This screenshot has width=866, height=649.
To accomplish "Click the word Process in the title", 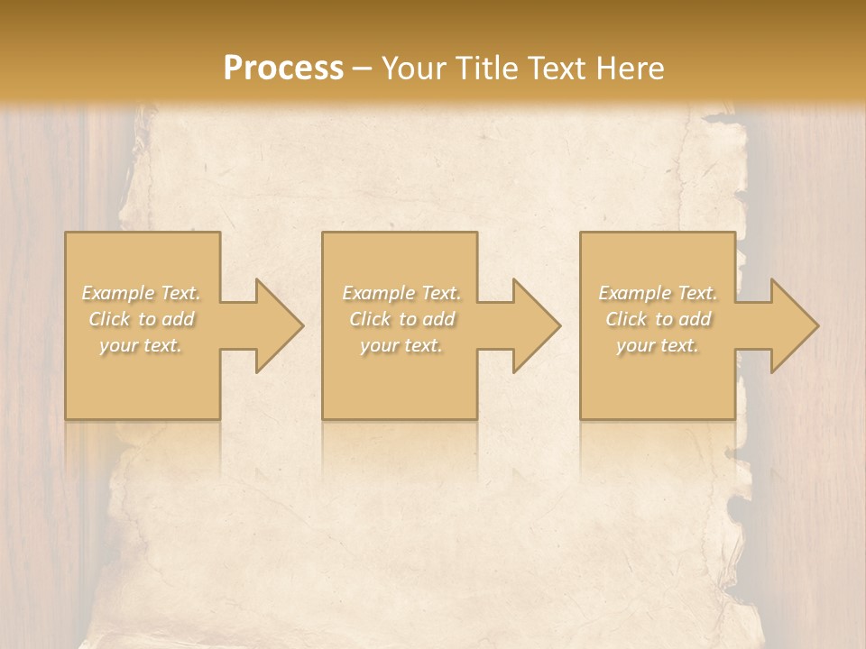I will pyautogui.click(x=283, y=69).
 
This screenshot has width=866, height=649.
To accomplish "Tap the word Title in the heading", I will pyautogui.click(x=486, y=69).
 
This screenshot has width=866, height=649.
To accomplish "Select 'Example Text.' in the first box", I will pyautogui.click(x=142, y=293).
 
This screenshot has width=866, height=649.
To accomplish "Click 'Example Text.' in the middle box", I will pyautogui.click(x=401, y=293).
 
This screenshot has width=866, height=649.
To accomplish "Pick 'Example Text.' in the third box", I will pyautogui.click(x=658, y=293).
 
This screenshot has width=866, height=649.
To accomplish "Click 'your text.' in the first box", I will pyautogui.click(x=141, y=345).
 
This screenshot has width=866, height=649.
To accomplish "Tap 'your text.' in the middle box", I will pyautogui.click(x=401, y=345).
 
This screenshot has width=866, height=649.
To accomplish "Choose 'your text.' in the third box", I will pyautogui.click(x=658, y=345).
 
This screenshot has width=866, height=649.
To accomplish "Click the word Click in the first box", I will pyautogui.click(x=109, y=319).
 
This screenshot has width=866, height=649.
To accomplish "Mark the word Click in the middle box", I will pyautogui.click(x=370, y=319).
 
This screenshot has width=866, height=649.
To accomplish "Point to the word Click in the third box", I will pyautogui.click(x=626, y=319).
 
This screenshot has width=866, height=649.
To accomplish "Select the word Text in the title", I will pyautogui.click(x=555, y=69).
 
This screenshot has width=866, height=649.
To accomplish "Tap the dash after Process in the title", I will pyautogui.click(x=363, y=69).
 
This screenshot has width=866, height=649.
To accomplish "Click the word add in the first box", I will pyautogui.click(x=180, y=319).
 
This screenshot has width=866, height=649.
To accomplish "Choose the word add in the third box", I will pyautogui.click(x=696, y=319).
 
